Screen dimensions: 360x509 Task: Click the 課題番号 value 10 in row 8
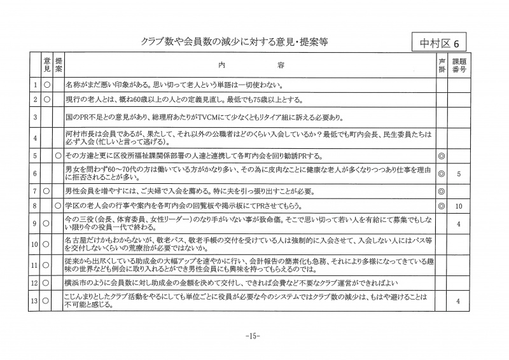tap(459, 207)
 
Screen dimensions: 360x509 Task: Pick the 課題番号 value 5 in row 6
tap(459, 173)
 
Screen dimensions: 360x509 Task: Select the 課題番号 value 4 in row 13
tap(459, 301)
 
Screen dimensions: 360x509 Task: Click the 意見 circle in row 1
tap(46, 84)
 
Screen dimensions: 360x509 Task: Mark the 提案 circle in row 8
tap(58, 207)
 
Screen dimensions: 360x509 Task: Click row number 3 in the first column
tap(35, 118)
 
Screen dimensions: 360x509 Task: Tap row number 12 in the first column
tap(35, 282)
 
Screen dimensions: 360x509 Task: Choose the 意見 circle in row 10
tap(46, 244)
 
